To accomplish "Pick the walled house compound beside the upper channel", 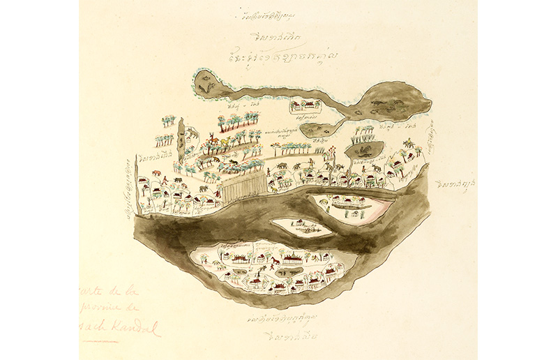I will point(306,105).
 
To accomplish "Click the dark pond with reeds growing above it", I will point(364,149).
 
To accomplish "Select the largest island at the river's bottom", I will point(273,269).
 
